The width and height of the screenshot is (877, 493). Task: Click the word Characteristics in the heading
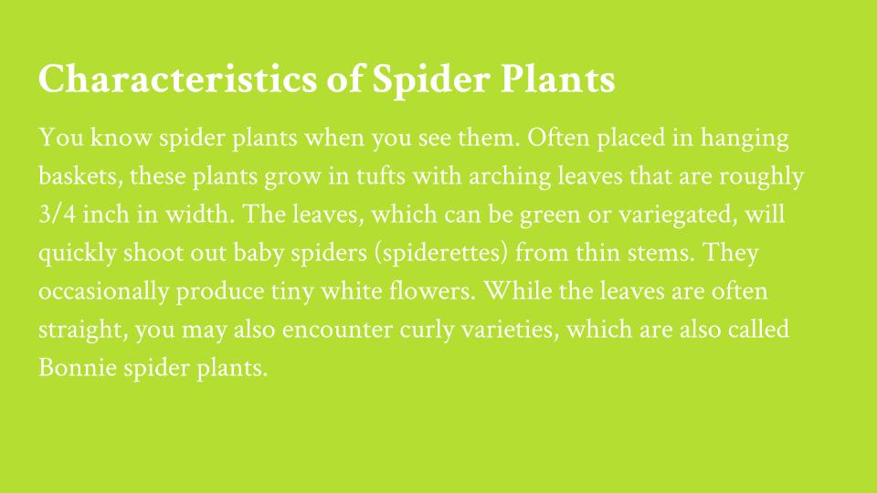pos(178,79)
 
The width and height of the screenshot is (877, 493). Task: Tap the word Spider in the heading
pos(431,79)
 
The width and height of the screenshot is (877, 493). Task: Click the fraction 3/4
pos(57,215)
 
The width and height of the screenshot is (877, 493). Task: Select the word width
pos(200,215)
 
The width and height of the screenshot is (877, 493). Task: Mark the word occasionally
pos(103,292)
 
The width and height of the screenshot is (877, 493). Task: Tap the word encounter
pos(337,330)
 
